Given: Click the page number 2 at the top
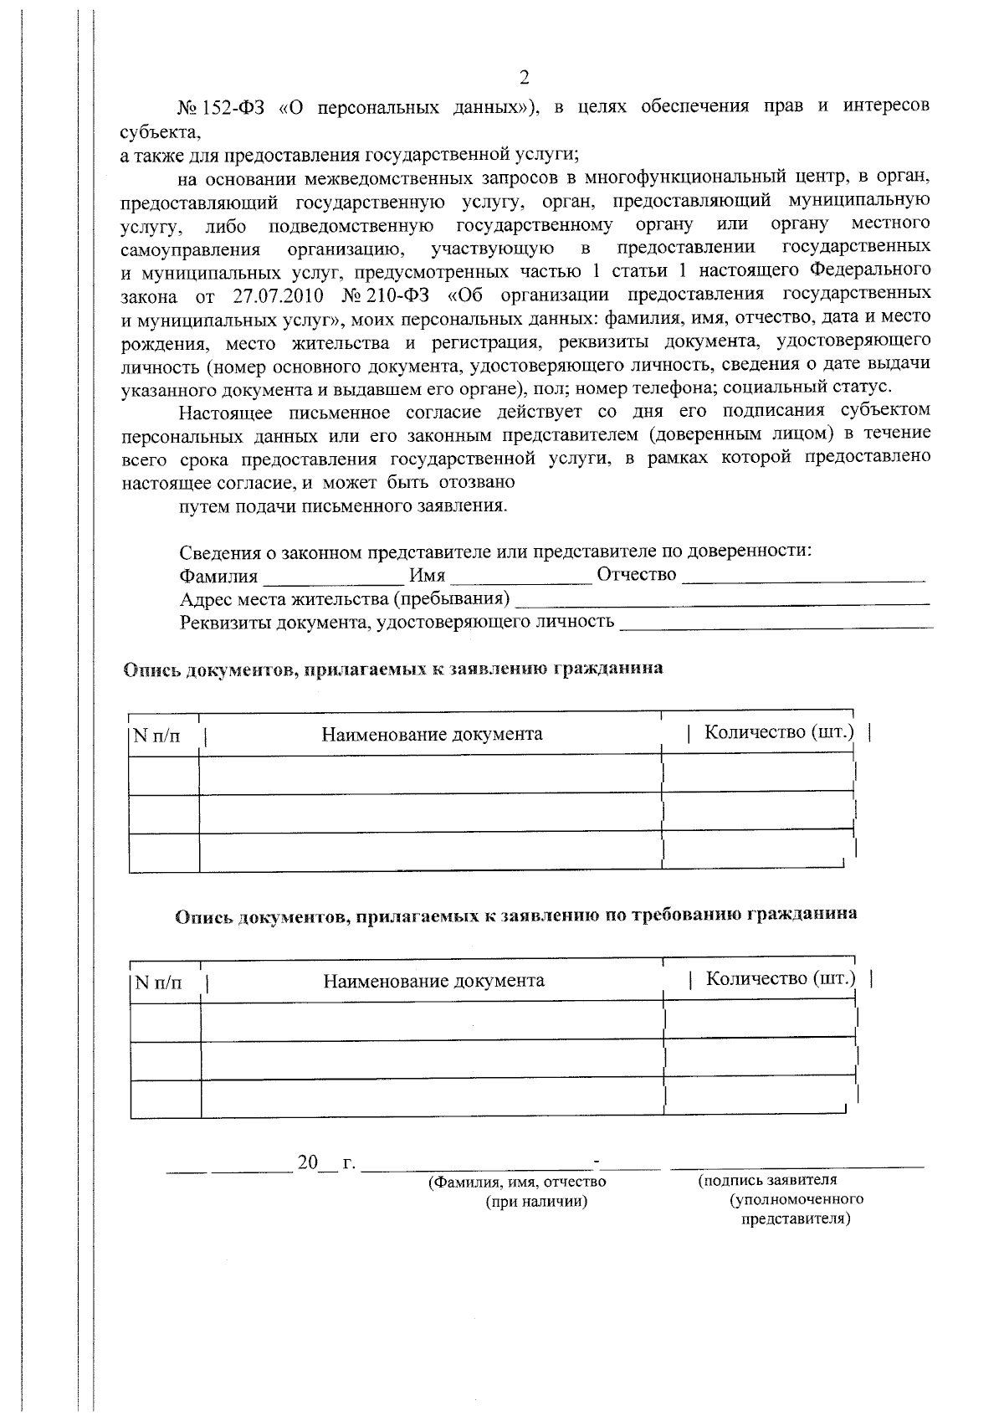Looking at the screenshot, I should tap(525, 79).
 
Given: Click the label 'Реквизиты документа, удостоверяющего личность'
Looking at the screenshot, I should tap(397, 622).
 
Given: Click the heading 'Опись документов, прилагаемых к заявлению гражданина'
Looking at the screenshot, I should tap(393, 669).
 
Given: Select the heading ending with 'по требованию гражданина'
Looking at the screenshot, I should tap(515, 915).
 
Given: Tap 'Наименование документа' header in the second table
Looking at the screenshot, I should tap(433, 981).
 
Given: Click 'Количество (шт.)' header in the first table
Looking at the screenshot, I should tap(779, 732).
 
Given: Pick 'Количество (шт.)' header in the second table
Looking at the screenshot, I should tap(781, 978).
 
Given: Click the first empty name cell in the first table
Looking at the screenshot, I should tap(430, 774).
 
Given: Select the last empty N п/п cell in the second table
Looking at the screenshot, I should tap(166, 1099).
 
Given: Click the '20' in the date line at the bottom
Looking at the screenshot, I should tap(308, 1162).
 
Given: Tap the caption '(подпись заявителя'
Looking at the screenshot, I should tap(767, 1180).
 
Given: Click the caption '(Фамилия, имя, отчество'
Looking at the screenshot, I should tap(517, 1182).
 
